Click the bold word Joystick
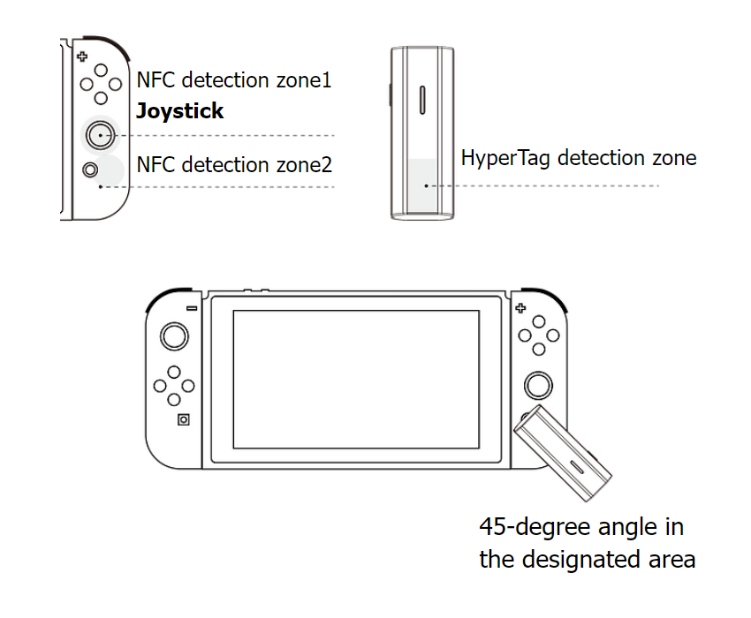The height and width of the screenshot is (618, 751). coord(179,111)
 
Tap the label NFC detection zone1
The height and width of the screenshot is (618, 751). coord(234,80)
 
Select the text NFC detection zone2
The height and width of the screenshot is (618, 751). coord(234,165)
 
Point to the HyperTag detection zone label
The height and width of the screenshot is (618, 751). coord(579,158)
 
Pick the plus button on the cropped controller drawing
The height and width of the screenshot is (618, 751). coord(82,57)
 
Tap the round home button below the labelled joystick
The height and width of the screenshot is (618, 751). coord(89,168)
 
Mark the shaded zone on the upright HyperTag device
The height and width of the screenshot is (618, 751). coord(423,186)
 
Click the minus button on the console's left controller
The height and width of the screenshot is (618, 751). coord(192,308)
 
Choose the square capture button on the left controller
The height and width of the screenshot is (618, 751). coord(183,419)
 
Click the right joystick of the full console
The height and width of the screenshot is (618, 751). coord(538,385)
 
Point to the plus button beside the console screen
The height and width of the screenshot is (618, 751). coord(520,308)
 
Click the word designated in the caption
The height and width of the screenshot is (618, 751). coord(581,559)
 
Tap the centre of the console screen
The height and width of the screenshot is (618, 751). coord(356,378)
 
